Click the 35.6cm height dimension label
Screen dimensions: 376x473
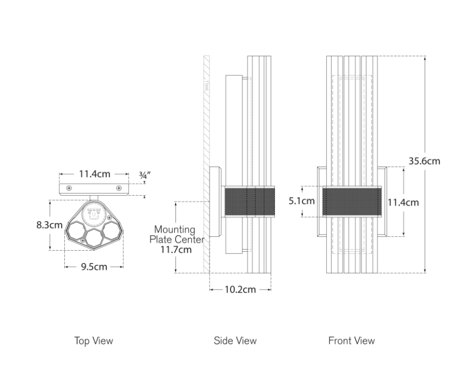(x=424, y=161)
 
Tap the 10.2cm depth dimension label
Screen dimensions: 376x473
(x=240, y=290)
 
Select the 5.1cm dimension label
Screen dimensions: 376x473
(x=301, y=201)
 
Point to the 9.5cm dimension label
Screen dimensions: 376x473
(x=94, y=267)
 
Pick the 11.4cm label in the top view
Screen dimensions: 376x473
(x=94, y=174)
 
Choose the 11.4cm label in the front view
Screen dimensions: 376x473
(x=403, y=202)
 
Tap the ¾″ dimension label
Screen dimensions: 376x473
(x=145, y=174)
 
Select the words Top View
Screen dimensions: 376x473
(x=94, y=341)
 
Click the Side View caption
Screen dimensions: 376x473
(x=235, y=341)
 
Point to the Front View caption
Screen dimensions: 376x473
(x=351, y=341)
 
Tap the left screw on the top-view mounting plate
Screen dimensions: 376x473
(x=69, y=188)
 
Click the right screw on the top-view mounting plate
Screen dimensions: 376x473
(x=119, y=188)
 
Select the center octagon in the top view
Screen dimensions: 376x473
(x=94, y=237)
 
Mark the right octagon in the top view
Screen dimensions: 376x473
(x=113, y=231)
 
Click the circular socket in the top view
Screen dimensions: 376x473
(x=94, y=213)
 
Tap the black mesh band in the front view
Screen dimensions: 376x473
(x=352, y=201)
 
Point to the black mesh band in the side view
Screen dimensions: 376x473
(x=250, y=201)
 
